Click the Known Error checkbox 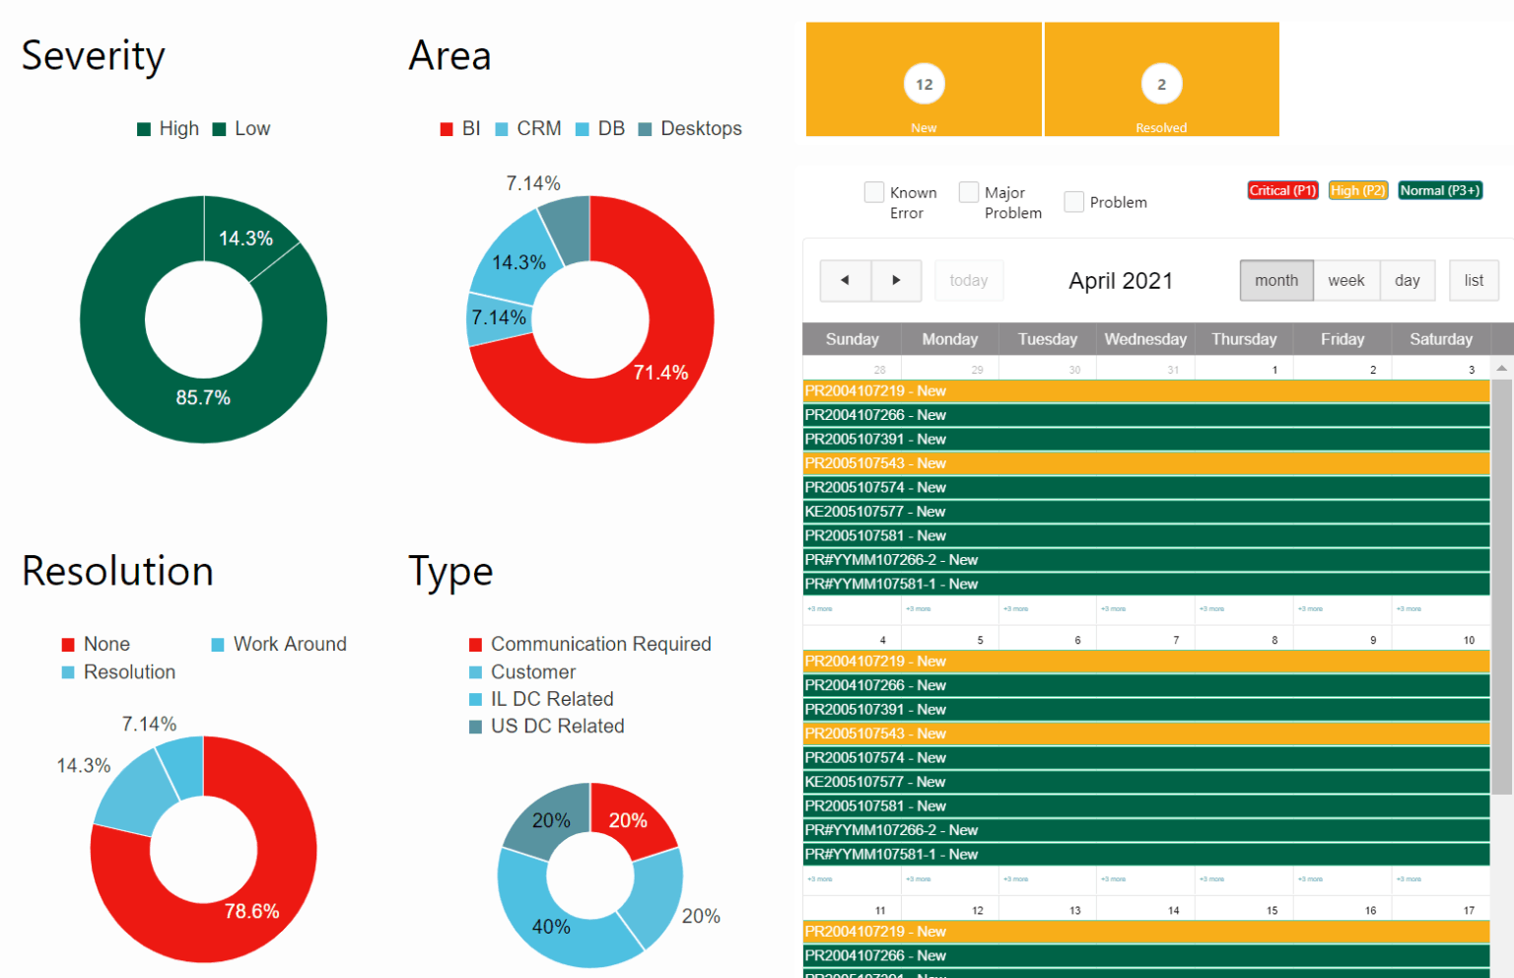pyautogui.click(x=873, y=192)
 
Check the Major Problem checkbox pyautogui.click(x=969, y=192)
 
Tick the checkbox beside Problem pyautogui.click(x=1073, y=202)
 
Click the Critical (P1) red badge pyautogui.click(x=1282, y=190)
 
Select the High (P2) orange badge pyautogui.click(x=1357, y=190)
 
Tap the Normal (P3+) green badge pyautogui.click(x=1439, y=190)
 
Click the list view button pyautogui.click(x=1473, y=281)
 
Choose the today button pyautogui.click(x=968, y=281)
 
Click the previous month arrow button pyautogui.click(x=845, y=281)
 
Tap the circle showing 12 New pyautogui.click(x=924, y=85)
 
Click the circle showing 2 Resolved pyautogui.click(x=1161, y=85)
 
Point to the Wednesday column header pyautogui.click(x=1144, y=339)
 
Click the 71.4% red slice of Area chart pyautogui.click(x=660, y=372)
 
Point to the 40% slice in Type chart pyautogui.click(x=551, y=927)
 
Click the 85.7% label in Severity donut pyautogui.click(x=203, y=398)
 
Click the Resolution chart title pyautogui.click(x=117, y=572)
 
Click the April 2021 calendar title pyautogui.click(x=1120, y=281)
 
